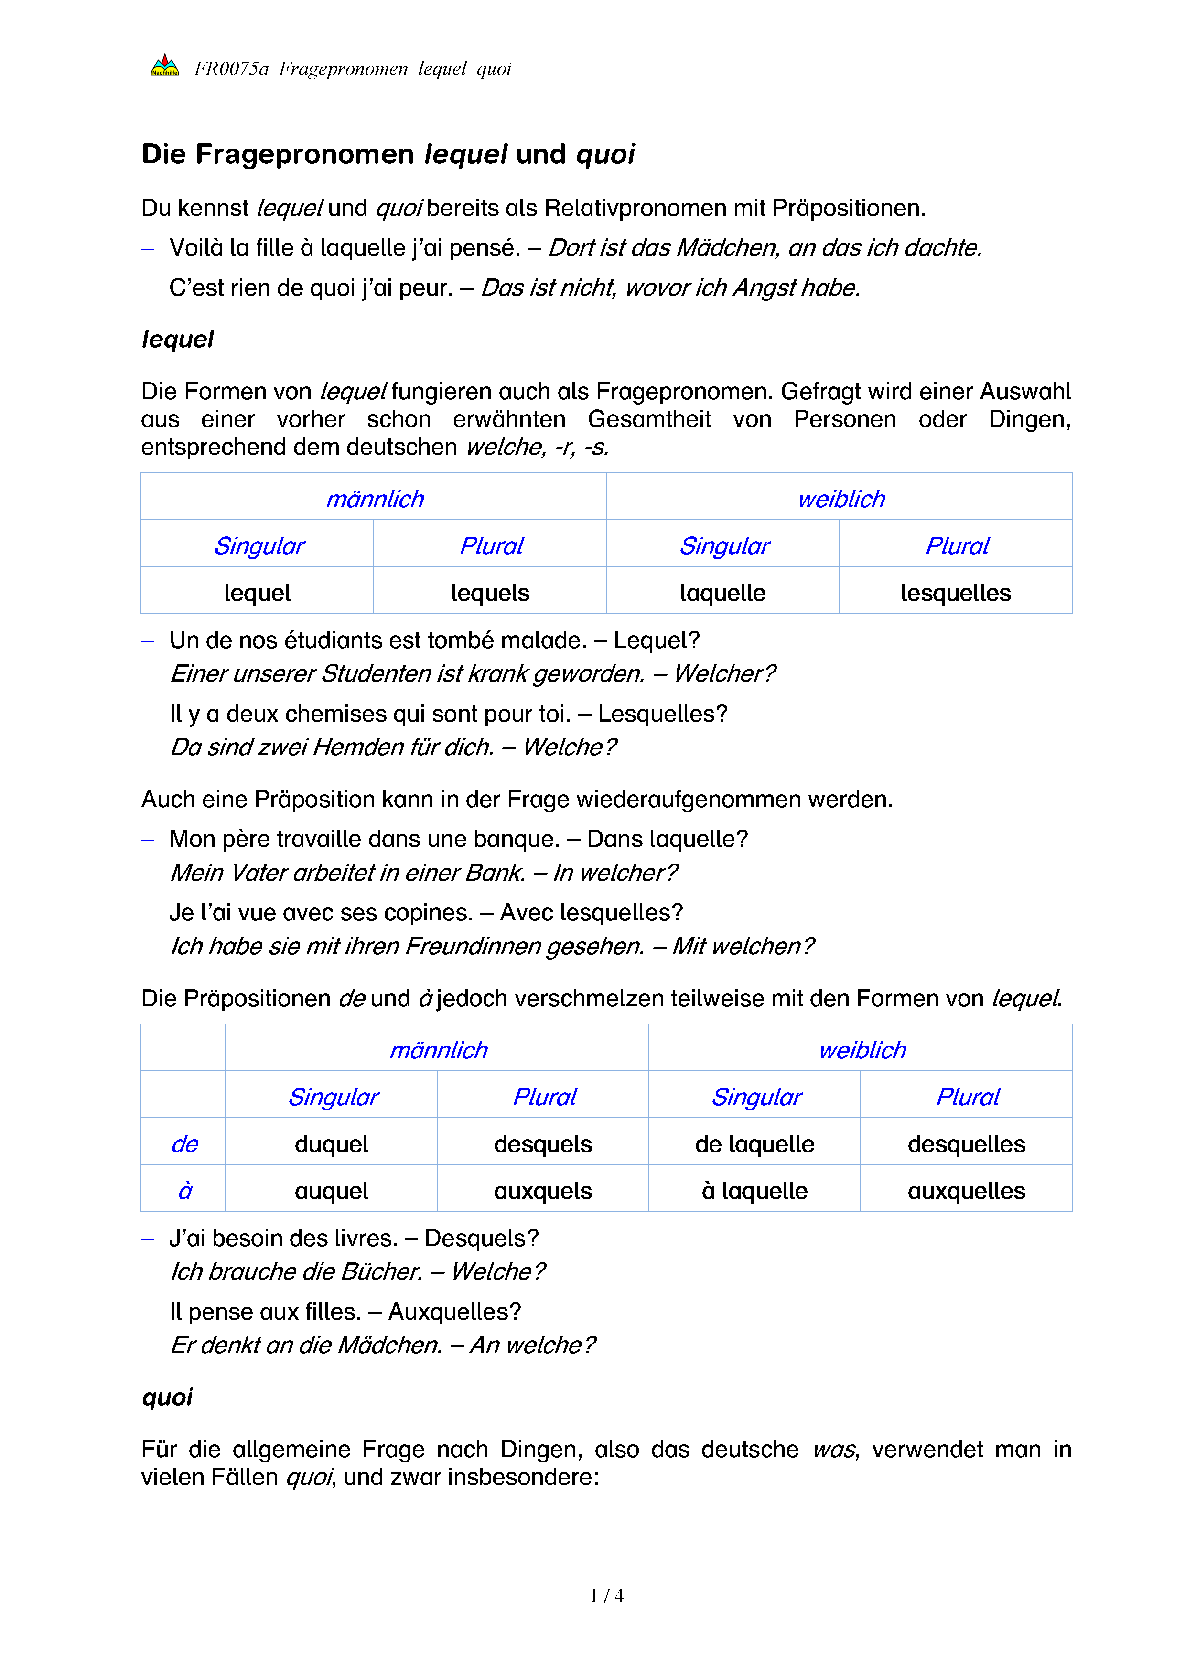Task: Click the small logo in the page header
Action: pyautogui.click(x=165, y=66)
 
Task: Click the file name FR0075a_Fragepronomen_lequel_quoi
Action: pyautogui.click(x=353, y=69)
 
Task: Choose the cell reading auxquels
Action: pyautogui.click(x=543, y=1191)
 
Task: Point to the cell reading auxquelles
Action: pyautogui.click(x=966, y=1191)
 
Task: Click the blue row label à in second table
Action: pyautogui.click(x=184, y=1191)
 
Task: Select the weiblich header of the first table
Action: pyautogui.click(x=840, y=499)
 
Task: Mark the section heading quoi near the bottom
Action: pyautogui.click(x=167, y=1397)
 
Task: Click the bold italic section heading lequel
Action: pyautogui.click(x=177, y=339)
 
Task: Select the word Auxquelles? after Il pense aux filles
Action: pyautogui.click(x=454, y=1312)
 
